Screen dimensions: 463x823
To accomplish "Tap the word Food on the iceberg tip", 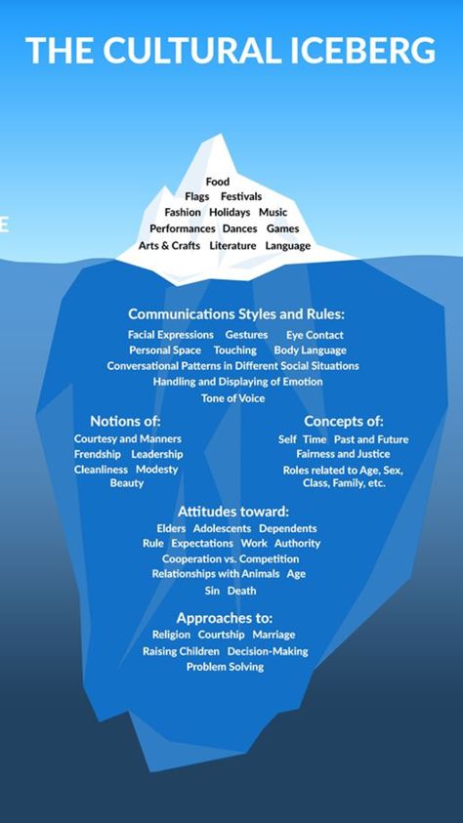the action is point(217,182).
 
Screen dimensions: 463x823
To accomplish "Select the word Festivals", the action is point(241,197).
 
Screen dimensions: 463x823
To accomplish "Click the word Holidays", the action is point(230,213).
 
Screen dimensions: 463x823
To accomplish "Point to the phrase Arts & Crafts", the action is point(169,246).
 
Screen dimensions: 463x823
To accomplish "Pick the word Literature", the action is point(232,246).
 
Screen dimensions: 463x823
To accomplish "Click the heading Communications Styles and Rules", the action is point(236,314).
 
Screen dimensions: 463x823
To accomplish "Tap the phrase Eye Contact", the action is point(315,335).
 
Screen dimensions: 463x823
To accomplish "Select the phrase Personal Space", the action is point(165,350).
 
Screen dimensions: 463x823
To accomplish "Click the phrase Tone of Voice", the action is point(232,398).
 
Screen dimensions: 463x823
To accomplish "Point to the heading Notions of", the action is point(125,421).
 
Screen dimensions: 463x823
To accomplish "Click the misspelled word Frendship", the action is point(97,454).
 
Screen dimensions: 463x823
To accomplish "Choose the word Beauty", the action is point(127,483).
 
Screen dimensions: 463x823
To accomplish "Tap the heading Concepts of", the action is point(343,422).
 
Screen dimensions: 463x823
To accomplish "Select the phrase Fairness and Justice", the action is point(343,454).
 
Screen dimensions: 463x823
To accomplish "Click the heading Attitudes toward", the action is point(233,512).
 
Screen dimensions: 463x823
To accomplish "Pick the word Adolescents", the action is point(222,528).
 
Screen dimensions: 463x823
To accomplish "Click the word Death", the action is point(241,591).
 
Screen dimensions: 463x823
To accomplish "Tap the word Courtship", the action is point(221,636).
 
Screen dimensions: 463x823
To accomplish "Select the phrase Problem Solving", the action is point(225,667).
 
